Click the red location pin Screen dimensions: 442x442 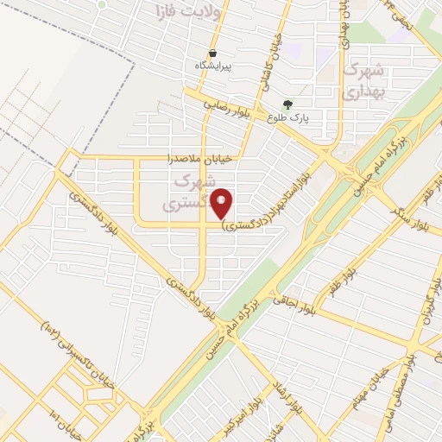pyautogui.click(x=222, y=203)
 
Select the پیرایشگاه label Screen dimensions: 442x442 pyautogui.click(x=212, y=66)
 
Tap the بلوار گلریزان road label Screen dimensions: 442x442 pyautogui.click(x=426, y=319)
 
